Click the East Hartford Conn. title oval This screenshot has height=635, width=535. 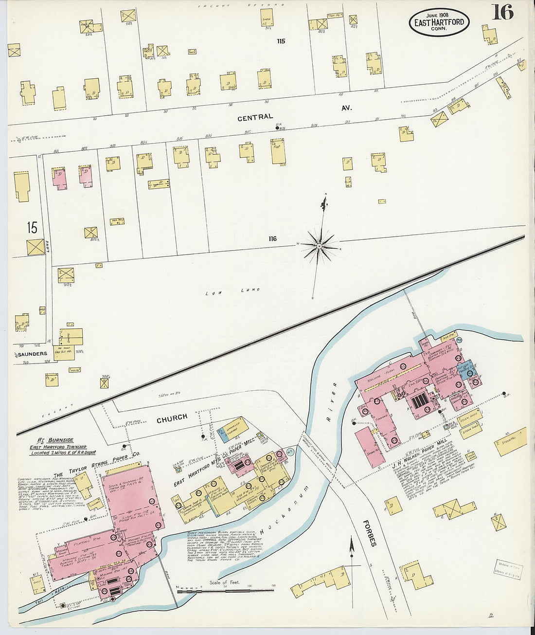(x=439, y=22)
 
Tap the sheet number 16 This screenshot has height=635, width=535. (x=502, y=12)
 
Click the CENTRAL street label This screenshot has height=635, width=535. (x=255, y=117)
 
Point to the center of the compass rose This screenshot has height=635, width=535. (x=319, y=246)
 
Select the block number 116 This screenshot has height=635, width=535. (x=272, y=238)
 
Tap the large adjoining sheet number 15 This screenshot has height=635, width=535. (x=32, y=228)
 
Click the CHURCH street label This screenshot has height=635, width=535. (x=172, y=417)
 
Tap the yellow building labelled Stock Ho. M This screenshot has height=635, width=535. (x=511, y=441)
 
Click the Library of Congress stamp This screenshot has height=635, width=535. (x=509, y=570)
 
